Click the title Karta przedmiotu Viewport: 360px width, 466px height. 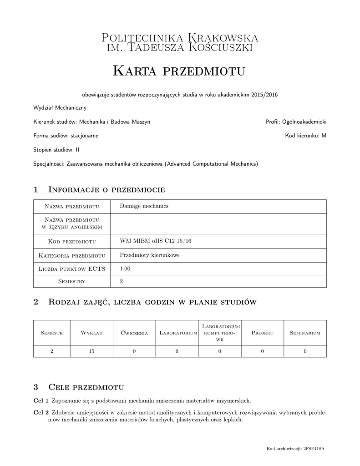tap(179, 71)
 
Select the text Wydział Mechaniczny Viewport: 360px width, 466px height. tap(60, 108)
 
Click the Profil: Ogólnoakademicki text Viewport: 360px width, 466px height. tap(296, 122)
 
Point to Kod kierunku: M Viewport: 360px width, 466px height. tap(306, 136)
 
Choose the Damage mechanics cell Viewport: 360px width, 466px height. tap(144, 206)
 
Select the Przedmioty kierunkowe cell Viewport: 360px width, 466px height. tap(150, 255)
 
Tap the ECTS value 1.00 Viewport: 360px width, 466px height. tap(125, 269)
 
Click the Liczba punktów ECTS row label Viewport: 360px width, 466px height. tap(72, 269)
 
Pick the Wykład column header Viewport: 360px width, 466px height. tap(91, 333)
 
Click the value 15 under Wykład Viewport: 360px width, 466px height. tap(91, 351)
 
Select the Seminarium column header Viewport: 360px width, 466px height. tap(305, 333)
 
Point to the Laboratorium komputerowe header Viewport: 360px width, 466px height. tap(220, 333)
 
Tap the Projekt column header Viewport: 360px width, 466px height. tap(262, 333)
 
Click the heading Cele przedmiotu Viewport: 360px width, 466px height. tap(86, 387)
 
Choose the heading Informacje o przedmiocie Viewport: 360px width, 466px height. tap(106, 189)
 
